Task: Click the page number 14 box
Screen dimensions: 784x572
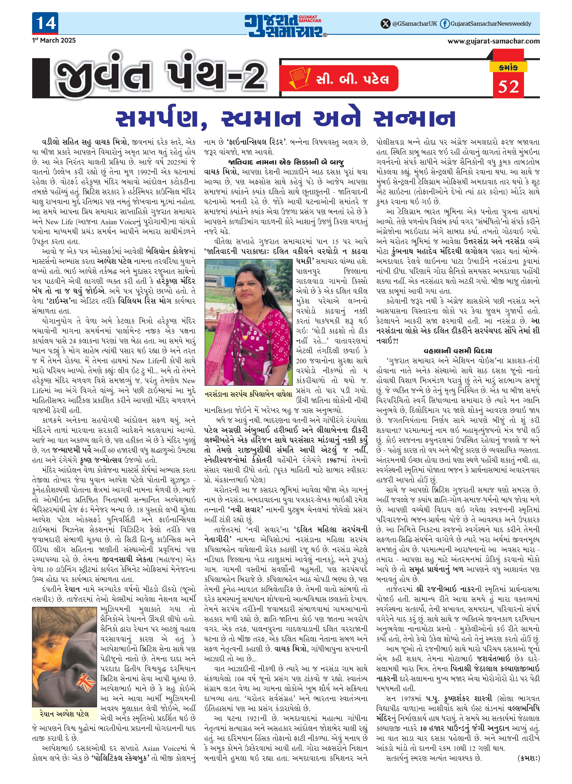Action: tap(45, 23)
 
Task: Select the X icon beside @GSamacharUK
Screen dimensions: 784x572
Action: tap(385, 24)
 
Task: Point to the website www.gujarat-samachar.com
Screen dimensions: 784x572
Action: tap(493, 41)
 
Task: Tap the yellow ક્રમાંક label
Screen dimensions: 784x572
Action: tap(508, 67)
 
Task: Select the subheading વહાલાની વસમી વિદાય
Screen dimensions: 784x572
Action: tap(458, 351)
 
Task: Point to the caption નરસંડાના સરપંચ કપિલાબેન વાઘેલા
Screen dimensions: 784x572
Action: tap(248, 394)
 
